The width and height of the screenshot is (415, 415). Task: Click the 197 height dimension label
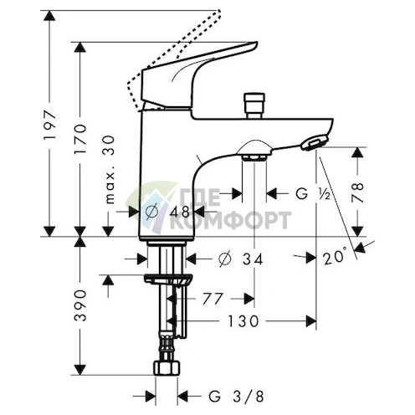point(50,126)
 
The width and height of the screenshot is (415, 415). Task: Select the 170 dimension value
point(80,140)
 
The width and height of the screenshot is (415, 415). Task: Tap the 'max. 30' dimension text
point(110,170)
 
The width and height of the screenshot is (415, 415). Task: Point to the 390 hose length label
point(81,305)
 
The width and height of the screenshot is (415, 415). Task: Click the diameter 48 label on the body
point(167,212)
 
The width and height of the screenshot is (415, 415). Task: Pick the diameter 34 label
point(240,259)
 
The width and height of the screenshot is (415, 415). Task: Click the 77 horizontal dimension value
point(213,299)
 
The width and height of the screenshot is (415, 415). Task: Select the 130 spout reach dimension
point(243,321)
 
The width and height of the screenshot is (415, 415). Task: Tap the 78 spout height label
point(357,192)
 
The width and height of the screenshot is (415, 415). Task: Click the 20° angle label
point(335,256)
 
